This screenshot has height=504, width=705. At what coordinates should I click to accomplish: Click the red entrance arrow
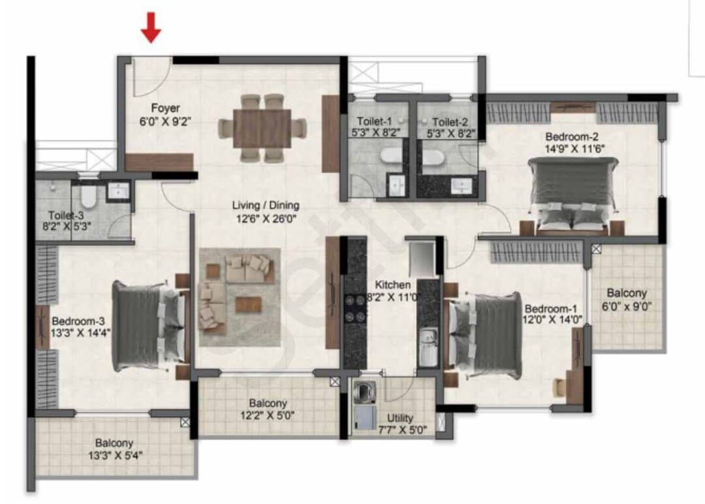point(151,27)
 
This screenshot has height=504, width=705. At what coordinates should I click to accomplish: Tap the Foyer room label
point(165,108)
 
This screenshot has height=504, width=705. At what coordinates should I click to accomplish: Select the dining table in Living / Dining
point(262,128)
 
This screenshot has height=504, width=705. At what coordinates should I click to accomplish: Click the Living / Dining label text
point(266,206)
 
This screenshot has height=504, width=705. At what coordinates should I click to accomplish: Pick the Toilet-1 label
point(375,121)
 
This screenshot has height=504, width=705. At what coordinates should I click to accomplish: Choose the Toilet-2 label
point(450,122)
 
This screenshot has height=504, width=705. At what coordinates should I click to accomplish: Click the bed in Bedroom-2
point(572,195)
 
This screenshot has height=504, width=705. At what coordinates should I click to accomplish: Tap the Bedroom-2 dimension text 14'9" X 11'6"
point(575,149)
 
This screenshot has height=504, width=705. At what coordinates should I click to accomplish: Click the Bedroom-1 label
point(551,309)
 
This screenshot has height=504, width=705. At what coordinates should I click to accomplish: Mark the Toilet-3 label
point(66,215)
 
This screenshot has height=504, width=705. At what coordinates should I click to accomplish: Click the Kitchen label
point(392,285)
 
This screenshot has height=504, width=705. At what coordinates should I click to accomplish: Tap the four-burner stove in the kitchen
point(354,308)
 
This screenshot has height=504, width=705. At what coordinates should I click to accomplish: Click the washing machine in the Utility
point(364,391)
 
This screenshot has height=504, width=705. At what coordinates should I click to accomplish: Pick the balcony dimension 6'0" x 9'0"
point(627,307)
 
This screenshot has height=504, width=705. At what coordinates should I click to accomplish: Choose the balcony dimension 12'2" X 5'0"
point(268,415)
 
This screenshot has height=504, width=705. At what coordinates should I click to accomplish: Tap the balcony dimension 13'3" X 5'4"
point(115,456)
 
